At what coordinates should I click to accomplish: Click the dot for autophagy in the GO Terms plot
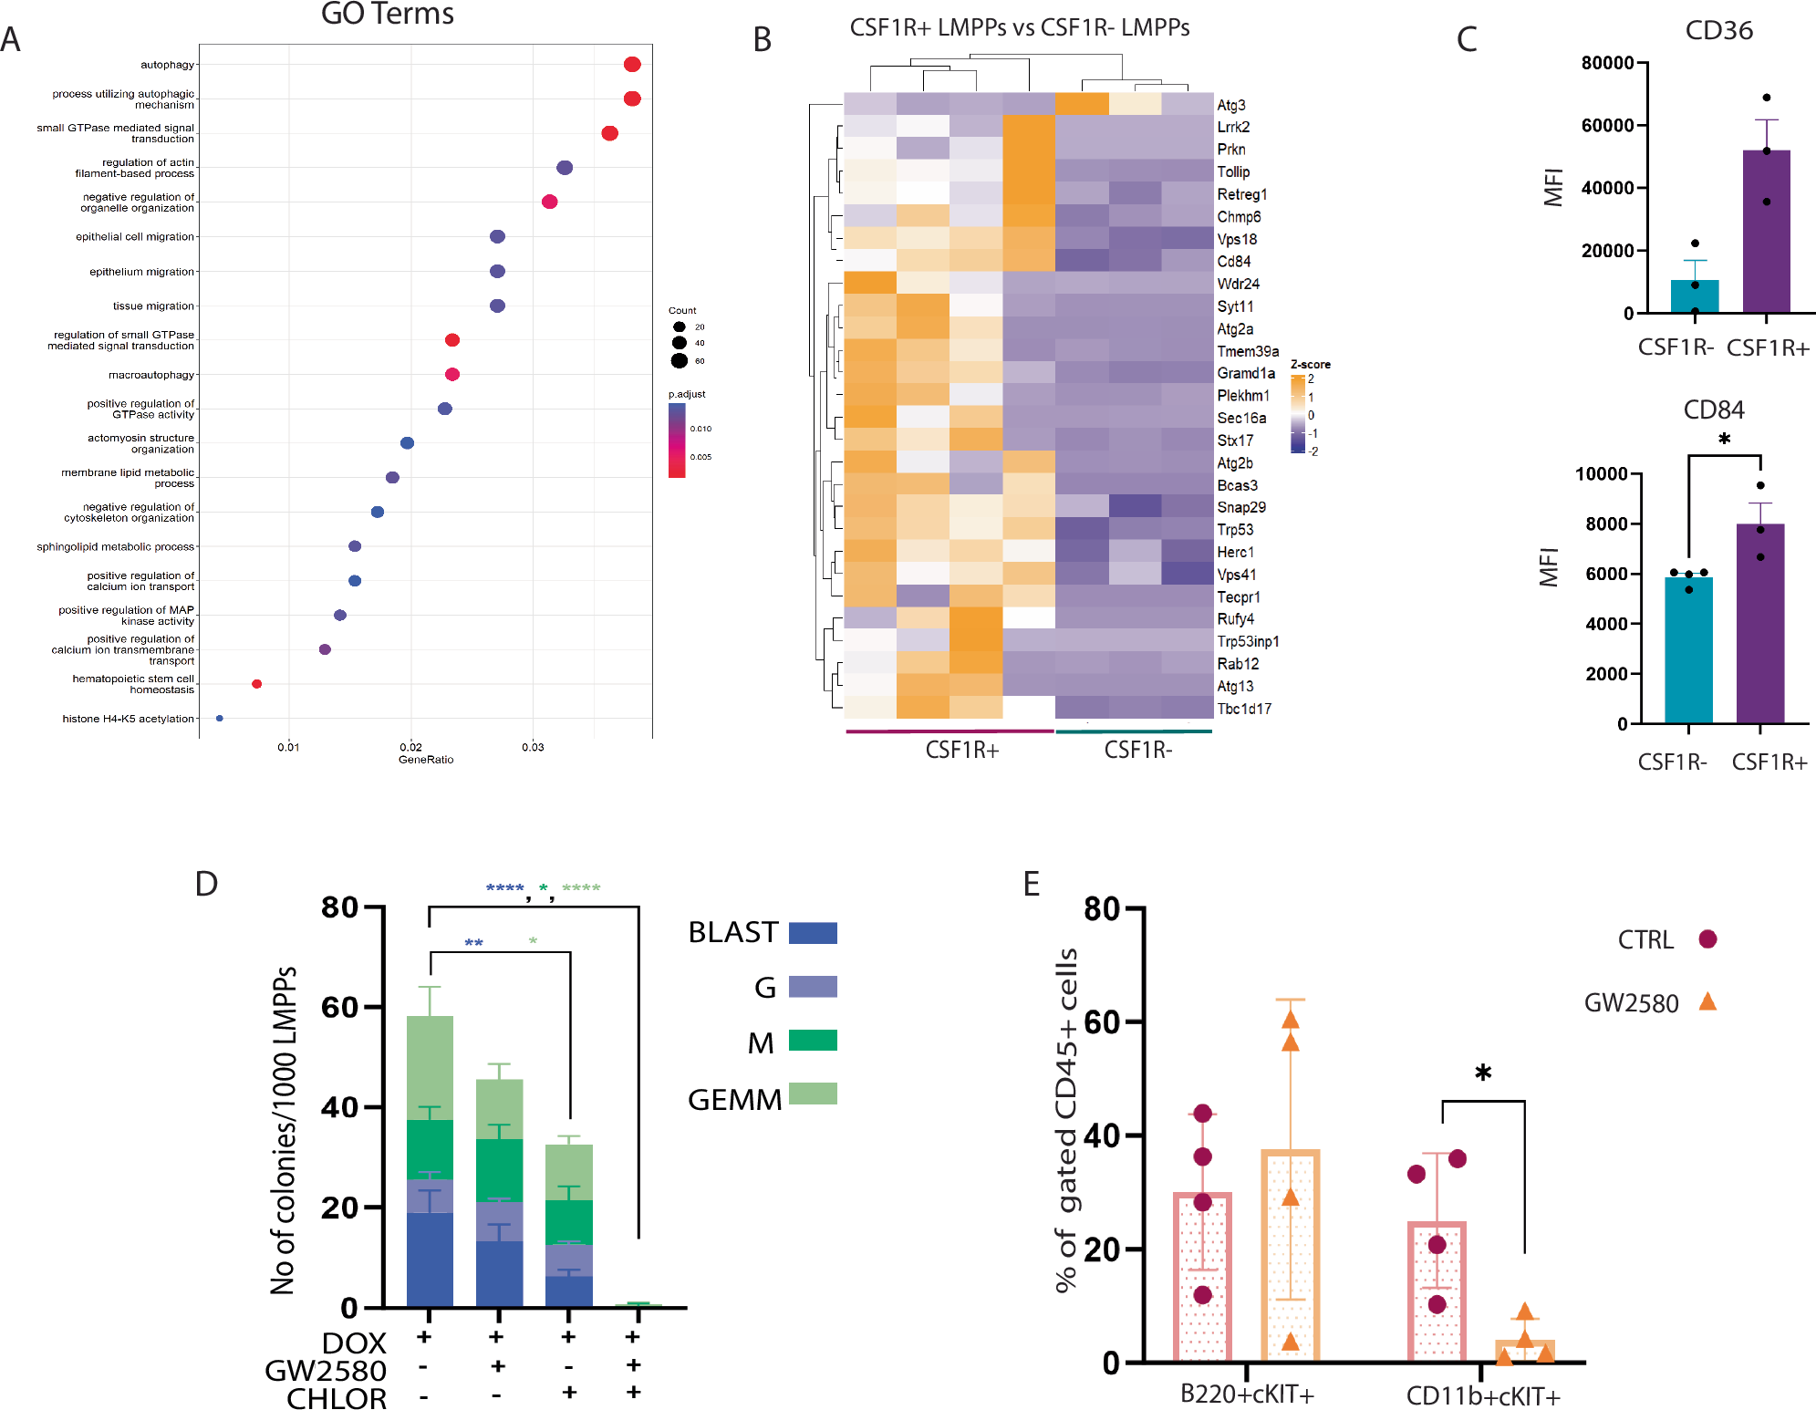pyautogui.click(x=632, y=64)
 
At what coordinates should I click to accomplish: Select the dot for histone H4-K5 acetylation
pyautogui.click(x=220, y=719)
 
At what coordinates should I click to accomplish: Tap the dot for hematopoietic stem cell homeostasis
pyautogui.click(x=257, y=684)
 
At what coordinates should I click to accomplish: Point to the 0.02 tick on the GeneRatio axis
pyautogui.click(x=410, y=747)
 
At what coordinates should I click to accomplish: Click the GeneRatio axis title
pyautogui.click(x=426, y=760)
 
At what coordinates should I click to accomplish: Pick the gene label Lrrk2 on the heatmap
pyautogui.click(x=1233, y=128)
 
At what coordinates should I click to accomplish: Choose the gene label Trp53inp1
pyautogui.click(x=1248, y=642)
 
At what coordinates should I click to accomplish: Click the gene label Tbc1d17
pyautogui.click(x=1244, y=710)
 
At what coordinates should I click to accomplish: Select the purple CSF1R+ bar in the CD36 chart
pyautogui.click(x=1766, y=232)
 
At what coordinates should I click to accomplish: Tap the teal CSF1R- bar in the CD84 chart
pyautogui.click(x=1688, y=649)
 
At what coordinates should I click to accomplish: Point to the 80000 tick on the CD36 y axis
pyautogui.click(x=1607, y=63)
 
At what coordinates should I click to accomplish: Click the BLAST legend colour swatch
pyautogui.click(x=813, y=933)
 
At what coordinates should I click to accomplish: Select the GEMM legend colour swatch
pyautogui.click(x=813, y=1094)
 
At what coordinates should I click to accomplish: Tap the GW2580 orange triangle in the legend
pyautogui.click(x=1707, y=1002)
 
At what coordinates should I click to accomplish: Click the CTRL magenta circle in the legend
pyautogui.click(x=1707, y=939)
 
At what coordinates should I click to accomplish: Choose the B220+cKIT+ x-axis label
pyautogui.click(x=1247, y=1394)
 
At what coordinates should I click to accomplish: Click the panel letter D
pyautogui.click(x=206, y=884)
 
